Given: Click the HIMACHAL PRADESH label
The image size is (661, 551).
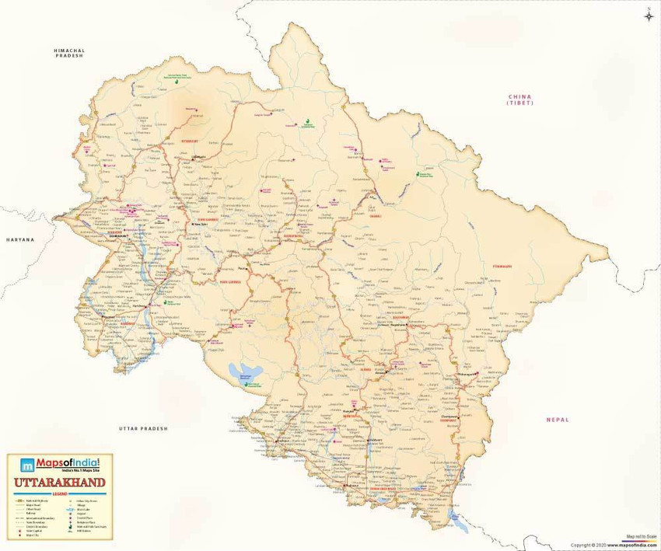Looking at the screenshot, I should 68,52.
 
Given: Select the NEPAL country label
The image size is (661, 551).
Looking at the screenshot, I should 558,420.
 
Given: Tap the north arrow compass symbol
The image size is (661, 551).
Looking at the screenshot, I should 648,14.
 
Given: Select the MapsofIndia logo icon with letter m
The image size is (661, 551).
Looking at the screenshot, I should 27,466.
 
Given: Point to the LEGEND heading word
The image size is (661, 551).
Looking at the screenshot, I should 60,493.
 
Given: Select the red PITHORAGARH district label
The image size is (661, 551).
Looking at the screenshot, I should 502,267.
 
